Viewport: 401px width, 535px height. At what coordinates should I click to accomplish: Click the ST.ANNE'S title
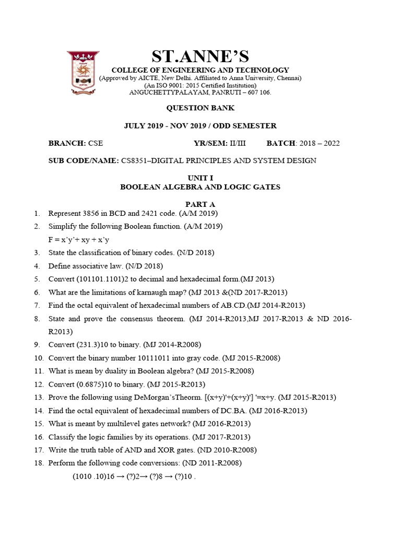pyautogui.click(x=200, y=56)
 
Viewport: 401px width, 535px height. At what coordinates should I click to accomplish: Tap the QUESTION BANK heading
pyautogui.click(x=200, y=108)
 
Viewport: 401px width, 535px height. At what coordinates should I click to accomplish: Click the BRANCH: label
pyautogui.click(x=67, y=143)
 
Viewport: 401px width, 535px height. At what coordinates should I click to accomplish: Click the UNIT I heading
pyautogui.click(x=200, y=178)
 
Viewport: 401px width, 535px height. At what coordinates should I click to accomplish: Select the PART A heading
pyautogui.click(x=200, y=204)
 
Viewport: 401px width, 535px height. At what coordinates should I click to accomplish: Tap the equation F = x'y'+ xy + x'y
pyautogui.click(x=79, y=240)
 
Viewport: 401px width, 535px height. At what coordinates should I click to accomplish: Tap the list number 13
pyautogui.click(x=38, y=398)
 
